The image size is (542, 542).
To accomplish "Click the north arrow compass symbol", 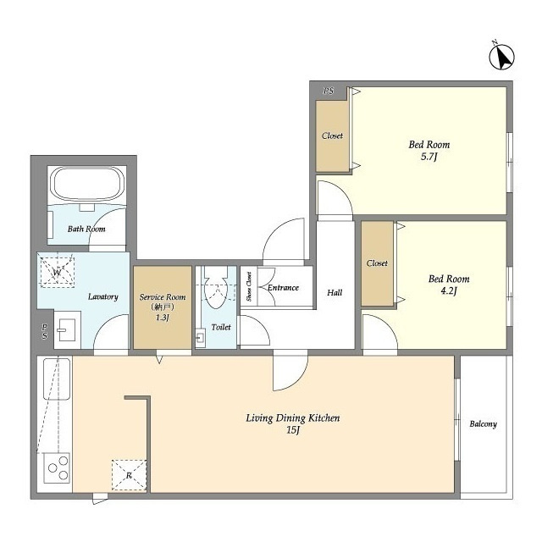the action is (x=502, y=57).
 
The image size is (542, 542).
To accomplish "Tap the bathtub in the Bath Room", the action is (x=87, y=184).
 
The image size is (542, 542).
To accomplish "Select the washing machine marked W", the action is (x=58, y=272).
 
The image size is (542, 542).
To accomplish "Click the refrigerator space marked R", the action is (x=129, y=475).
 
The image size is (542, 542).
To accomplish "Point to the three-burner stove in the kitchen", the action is (x=57, y=468).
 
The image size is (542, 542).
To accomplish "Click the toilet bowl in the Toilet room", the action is (x=215, y=289).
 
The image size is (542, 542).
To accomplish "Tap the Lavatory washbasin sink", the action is (x=68, y=329).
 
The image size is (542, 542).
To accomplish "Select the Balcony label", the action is (x=483, y=423).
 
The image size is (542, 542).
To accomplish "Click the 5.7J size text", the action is (x=429, y=157).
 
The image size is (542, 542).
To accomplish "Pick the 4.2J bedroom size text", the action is (x=449, y=290).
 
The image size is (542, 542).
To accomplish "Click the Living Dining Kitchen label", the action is (x=292, y=418).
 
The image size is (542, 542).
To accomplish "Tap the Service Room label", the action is (x=163, y=297).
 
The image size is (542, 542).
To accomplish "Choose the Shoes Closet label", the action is (x=249, y=286).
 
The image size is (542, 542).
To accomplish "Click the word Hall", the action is (x=335, y=293).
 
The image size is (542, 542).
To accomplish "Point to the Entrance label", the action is (x=283, y=288).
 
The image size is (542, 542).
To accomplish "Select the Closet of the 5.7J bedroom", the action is (x=332, y=135).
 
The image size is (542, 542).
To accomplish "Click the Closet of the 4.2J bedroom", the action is (x=377, y=263).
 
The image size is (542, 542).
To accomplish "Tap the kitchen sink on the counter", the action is (x=57, y=379).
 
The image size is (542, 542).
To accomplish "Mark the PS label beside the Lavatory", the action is (x=45, y=331).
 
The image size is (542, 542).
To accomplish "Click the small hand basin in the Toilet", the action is (x=201, y=336).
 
